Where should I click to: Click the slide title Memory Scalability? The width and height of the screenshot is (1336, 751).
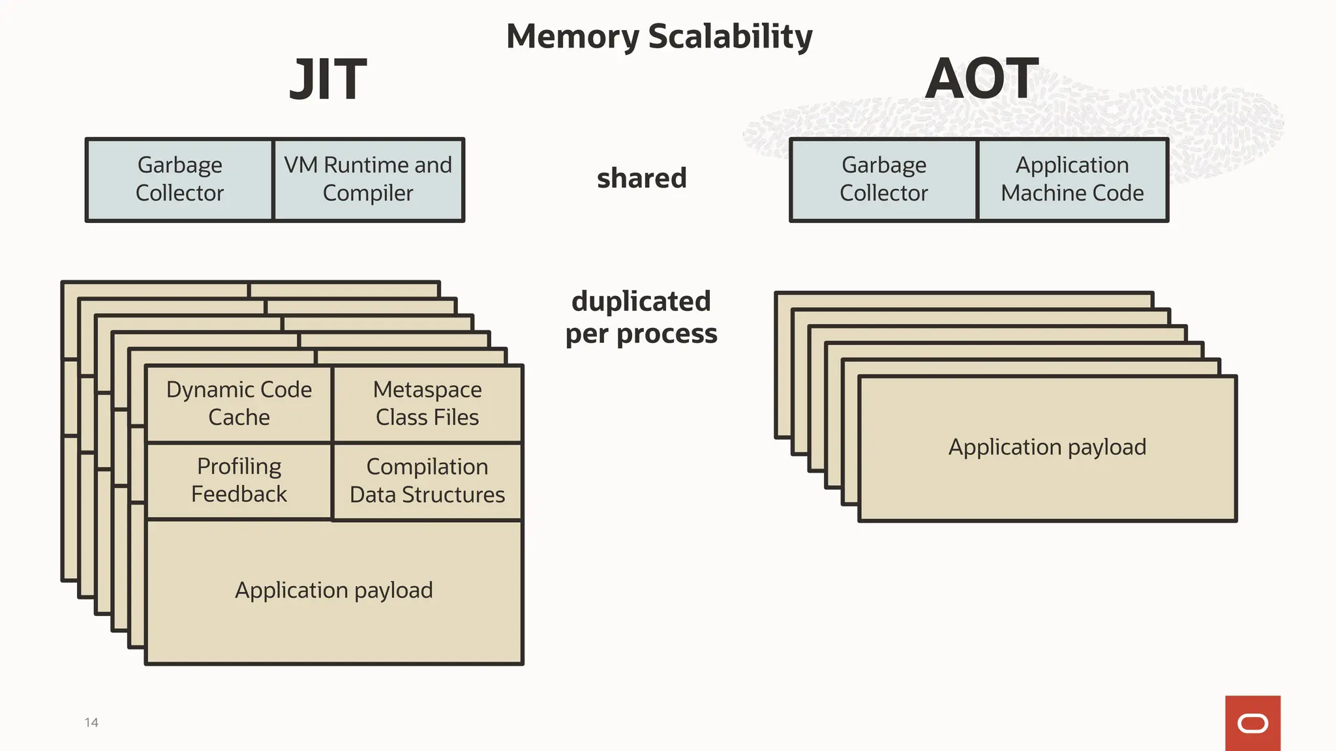click(x=659, y=37)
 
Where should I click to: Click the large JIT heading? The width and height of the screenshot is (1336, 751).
click(x=328, y=80)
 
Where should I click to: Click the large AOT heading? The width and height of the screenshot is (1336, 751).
click(x=981, y=80)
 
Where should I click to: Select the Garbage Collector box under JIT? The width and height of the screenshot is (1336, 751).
click(x=179, y=179)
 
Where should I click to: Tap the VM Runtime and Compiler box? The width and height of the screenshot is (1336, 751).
click(x=368, y=179)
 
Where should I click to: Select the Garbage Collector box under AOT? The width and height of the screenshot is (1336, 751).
click(x=883, y=179)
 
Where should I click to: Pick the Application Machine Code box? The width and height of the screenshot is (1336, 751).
click(x=1072, y=179)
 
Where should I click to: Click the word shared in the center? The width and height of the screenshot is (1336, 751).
click(x=642, y=178)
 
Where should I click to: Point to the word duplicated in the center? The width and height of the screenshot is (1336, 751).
click(x=641, y=301)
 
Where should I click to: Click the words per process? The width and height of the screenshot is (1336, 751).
click(x=641, y=334)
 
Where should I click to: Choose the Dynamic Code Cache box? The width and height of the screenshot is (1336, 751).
click(x=239, y=404)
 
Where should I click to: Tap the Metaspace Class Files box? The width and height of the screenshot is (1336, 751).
click(x=427, y=404)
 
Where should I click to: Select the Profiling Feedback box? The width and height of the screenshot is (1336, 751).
click(x=239, y=480)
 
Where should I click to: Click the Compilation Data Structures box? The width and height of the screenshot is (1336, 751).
click(x=427, y=481)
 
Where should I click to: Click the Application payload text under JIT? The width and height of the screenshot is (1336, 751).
click(x=334, y=590)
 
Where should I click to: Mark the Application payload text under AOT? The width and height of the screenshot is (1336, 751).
click(x=1047, y=447)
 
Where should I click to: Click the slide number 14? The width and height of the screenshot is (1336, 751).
click(x=91, y=722)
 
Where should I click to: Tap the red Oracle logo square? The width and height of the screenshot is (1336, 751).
click(x=1252, y=723)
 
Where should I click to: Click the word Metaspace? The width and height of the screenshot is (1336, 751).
click(x=427, y=390)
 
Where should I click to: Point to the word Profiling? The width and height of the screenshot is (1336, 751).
click(x=239, y=467)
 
